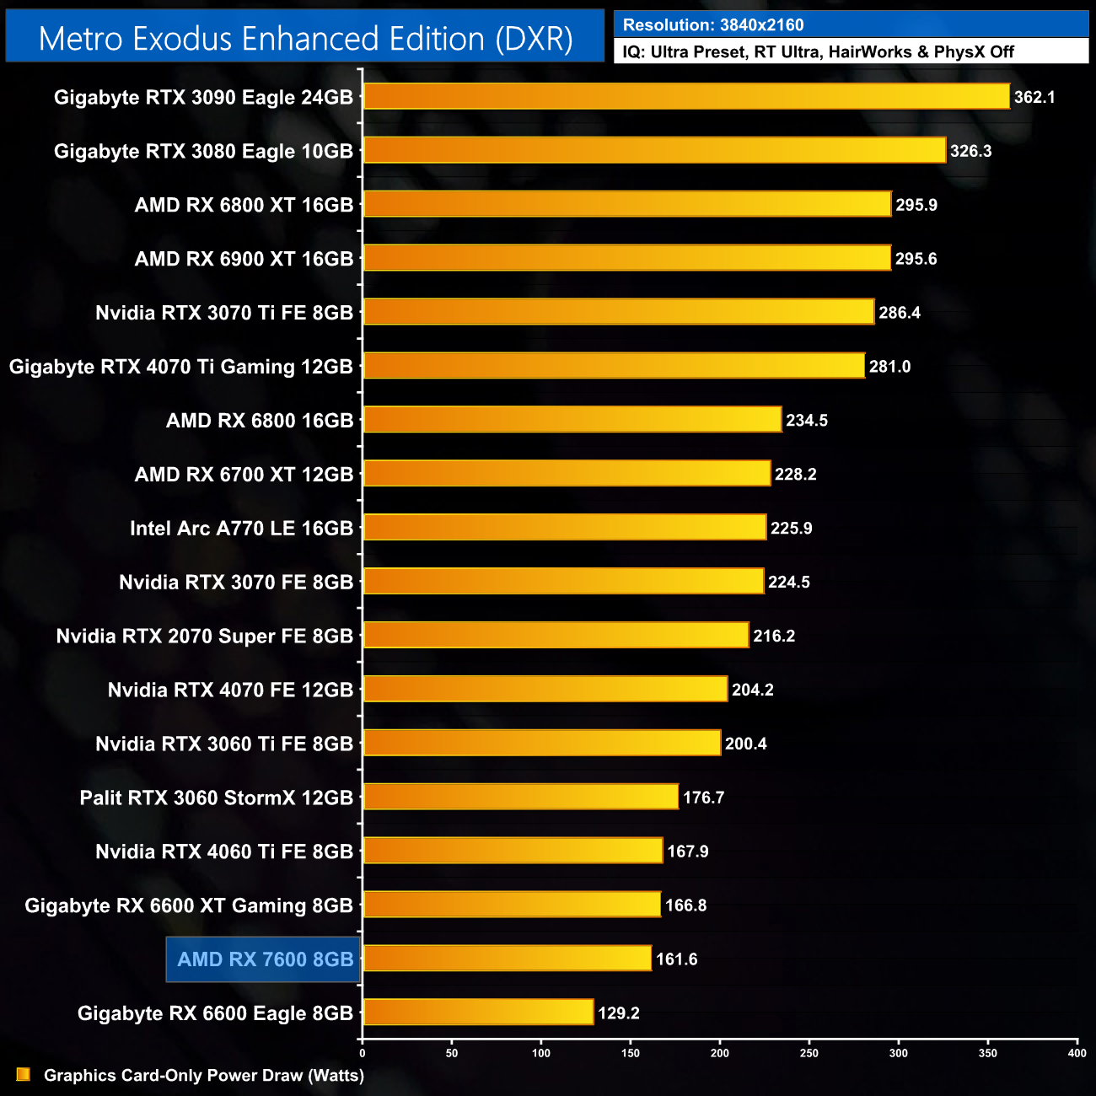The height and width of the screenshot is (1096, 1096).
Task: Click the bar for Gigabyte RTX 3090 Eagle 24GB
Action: coord(686,96)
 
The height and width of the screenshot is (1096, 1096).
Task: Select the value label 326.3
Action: coord(970,151)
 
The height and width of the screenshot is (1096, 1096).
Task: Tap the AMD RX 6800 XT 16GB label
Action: coord(244,205)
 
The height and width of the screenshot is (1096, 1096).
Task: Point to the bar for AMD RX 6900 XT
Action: coord(626,258)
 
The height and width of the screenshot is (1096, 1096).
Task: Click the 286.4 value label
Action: coord(900,313)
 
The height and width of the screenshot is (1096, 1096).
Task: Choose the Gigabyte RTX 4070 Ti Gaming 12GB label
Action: coord(180,367)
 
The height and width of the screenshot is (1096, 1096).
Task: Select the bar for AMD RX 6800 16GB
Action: coord(572,420)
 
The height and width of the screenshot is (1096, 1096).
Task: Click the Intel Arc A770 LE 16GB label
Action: coord(241,529)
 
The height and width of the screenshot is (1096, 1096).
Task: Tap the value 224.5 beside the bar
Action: coord(788,582)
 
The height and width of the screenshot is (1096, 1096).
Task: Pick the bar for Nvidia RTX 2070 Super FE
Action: coord(556,636)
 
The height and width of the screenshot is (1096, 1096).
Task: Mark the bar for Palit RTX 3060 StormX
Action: coord(520,797)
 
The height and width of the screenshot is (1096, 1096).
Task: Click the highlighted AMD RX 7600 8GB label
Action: coord(265,959)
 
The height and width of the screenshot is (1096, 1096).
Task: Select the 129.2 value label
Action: coord(618,1013)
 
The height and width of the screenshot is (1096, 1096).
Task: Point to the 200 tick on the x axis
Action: coord(720,1053)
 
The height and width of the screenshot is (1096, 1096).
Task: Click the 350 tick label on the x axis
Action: coord(988,1053)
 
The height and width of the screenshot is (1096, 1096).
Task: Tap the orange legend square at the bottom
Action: coord(24,1074)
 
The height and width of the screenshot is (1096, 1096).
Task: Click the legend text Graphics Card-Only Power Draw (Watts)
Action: coord(204,1076)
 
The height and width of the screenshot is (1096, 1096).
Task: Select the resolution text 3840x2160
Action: coord(761,25)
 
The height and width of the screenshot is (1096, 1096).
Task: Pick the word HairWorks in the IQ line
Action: coord(869,52)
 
